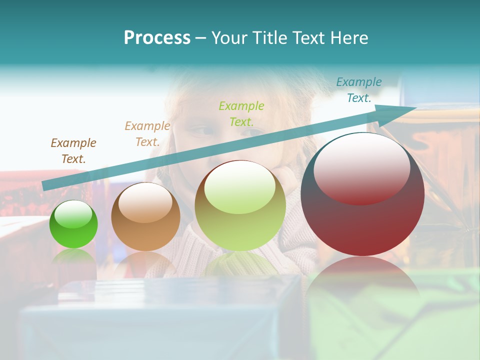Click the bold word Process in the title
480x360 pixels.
pos(157,38)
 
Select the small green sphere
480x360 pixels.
pos(73,224)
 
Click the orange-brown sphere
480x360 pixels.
pos(145,217)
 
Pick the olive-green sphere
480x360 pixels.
pos(240,205)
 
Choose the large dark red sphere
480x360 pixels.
pos(362,194)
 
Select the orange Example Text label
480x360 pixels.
pos(147,134)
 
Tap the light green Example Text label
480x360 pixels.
pos(241,113)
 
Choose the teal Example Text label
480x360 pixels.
pos(359,90)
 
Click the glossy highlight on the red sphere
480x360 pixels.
pos(361,168)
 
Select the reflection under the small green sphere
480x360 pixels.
pos(73,257)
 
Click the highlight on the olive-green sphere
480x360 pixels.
pos(239,187)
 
